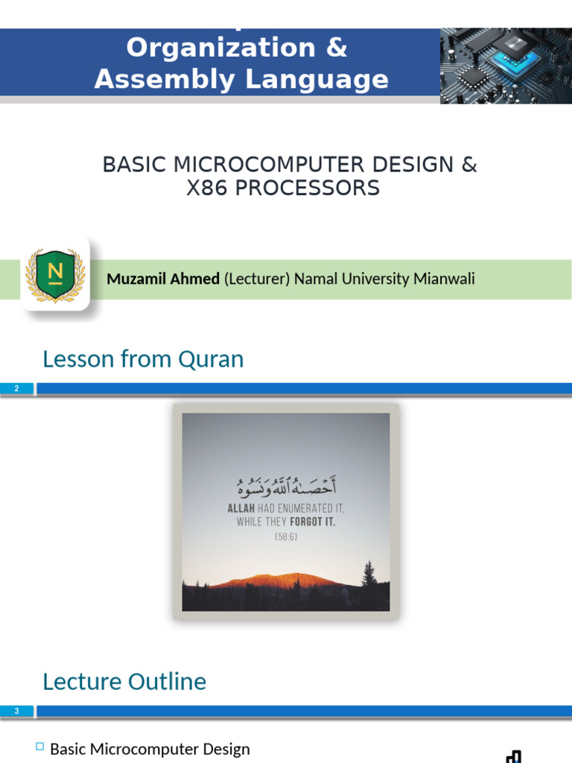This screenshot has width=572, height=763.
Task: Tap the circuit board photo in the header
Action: pyautogui.click(x=506, y=66)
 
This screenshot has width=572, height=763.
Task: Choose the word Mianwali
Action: pyautogui.click(x=443, y=279)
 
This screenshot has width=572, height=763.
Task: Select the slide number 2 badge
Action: pyautogui.click(x=16, y=388)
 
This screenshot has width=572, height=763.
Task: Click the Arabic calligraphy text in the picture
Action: pyautogui.click(x=286, y=488)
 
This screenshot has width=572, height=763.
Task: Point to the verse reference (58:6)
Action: pyautogui.click(x=286, y=536)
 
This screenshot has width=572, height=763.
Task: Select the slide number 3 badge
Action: pyautogui.click(x=16, y=711)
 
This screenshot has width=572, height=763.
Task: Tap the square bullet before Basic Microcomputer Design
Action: pyautogui.click(x=40, y=747)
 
